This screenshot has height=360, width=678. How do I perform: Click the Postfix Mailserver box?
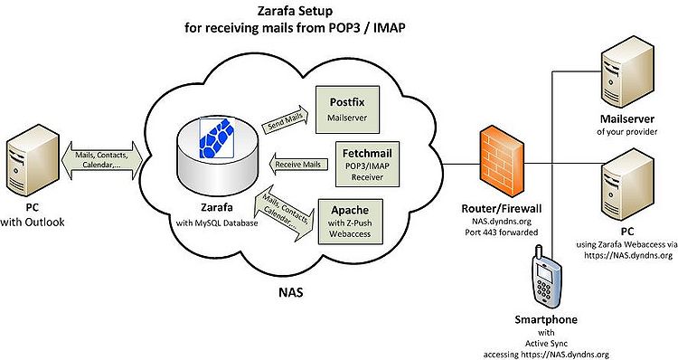coord(347,109)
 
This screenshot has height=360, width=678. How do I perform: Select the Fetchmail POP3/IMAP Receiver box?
coord(367,165)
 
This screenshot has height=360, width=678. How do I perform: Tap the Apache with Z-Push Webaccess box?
coord(350,222)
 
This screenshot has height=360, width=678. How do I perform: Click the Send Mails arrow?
coord(286,120)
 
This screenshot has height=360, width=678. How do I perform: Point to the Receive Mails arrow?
coord(298,165)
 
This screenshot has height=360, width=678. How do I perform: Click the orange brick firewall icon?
coord(502,160)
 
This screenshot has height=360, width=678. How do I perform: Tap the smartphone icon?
coord(547,279)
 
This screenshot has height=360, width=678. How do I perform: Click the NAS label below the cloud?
coord(290,292)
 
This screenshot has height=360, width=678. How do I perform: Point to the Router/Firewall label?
coord(502,209)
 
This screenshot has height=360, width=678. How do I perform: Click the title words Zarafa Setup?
coord(295,10)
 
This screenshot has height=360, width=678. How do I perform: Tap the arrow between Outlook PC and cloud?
coord(103,160)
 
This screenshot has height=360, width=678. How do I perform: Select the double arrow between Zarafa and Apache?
coord(286,212)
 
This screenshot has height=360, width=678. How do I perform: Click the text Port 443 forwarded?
coord(502,232)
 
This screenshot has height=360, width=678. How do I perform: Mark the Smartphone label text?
coord(546,320)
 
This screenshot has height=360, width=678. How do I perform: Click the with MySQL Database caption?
coord(217,223)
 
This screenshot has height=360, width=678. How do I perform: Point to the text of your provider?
coord(626,131)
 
